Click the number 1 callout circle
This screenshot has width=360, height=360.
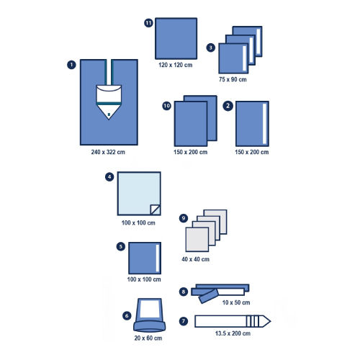71,65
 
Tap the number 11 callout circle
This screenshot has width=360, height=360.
148,23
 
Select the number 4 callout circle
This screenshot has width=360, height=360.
109,177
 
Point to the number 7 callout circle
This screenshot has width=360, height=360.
184,321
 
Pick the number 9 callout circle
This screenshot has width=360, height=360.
184,218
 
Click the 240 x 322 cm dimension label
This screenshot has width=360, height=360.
108,152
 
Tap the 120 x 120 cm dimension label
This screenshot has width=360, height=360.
176,65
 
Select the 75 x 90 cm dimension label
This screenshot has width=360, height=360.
233,79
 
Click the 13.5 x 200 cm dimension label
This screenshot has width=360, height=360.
233,333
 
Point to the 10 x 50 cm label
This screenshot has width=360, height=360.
236,302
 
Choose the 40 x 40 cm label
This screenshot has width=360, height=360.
196,259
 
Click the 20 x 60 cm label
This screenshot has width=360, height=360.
148,338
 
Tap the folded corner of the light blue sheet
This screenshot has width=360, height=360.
155,210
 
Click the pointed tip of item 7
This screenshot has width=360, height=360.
271,321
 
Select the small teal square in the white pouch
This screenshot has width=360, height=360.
109,114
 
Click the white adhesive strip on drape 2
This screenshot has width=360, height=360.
264,123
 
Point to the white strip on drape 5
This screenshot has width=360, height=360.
158,258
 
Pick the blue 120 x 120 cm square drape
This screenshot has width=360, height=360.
176,38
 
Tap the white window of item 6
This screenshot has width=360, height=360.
149,309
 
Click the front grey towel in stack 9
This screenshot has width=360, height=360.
197,240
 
